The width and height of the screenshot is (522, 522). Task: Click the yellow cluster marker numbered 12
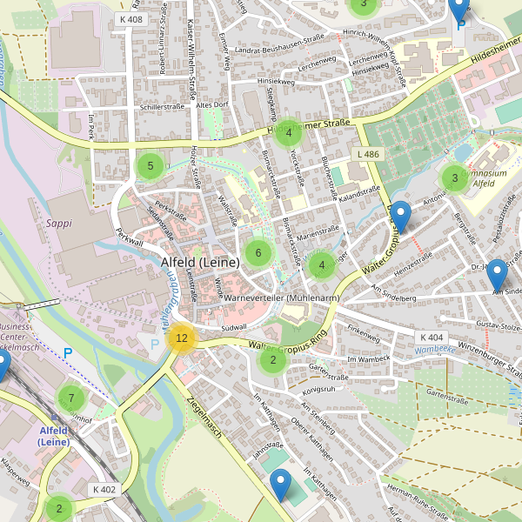point(181,338)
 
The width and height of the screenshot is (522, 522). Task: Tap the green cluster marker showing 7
point(70,398)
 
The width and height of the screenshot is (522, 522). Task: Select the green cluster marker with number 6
point(257,253)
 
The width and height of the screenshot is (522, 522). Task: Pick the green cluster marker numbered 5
point(151,165)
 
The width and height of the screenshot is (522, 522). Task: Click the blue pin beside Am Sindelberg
point(497,275)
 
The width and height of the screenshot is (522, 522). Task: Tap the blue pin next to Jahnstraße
point(280,484)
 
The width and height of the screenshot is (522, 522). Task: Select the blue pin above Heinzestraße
point(400,216)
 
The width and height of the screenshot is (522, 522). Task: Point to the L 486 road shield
point(368,154)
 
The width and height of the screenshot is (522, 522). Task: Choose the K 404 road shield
point(432,337)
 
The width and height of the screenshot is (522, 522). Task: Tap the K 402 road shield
point(104,490)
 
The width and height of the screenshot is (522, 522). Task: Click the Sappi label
point(58,223)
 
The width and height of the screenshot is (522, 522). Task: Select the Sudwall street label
point(234,327)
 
